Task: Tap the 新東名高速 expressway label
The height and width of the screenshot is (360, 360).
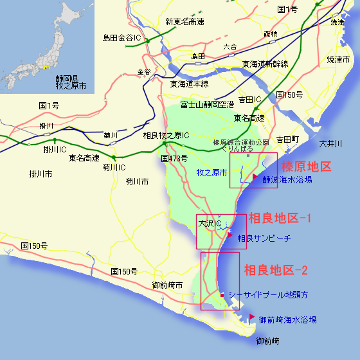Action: coord(185,21)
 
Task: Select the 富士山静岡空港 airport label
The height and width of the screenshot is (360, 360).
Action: coord(207,104)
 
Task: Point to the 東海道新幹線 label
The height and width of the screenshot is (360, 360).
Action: coord(265,64)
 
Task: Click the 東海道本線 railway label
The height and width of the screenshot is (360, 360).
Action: coord(189,84)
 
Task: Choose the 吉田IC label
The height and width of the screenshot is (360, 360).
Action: coord(249,100)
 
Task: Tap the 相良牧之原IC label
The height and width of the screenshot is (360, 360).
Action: coord(165,136)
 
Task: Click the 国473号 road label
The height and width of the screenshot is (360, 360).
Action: coord(174,157)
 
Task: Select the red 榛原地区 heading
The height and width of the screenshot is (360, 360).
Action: coord(307,166)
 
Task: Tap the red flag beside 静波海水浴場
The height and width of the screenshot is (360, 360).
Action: coord(255,177)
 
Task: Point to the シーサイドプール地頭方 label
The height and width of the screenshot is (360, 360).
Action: coord(268,294)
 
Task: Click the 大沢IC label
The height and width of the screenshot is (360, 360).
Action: coord(210,224)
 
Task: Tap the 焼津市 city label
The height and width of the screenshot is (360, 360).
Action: coord(337,59)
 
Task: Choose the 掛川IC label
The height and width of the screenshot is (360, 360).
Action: coord(55,149)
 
